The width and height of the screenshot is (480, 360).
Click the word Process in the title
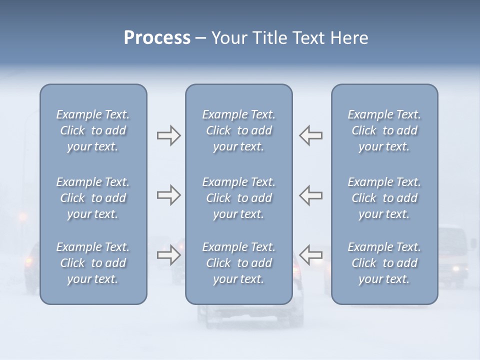[157, 38]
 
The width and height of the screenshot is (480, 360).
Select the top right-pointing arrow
[169, 135]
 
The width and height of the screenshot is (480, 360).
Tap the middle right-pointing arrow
[169, 195]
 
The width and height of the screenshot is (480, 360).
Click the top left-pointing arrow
[311, 135]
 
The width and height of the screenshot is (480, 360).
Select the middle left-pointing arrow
[311, 195]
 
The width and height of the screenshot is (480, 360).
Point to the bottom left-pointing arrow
[311, 254]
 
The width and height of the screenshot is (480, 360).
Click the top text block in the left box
[93, 130]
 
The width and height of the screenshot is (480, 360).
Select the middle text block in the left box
[93, 198]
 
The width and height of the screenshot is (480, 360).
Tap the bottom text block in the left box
[93, 263]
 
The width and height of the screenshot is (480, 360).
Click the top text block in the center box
[238, 130]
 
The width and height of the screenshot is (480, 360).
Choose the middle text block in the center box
[238, 198]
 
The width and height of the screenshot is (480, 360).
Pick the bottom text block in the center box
[238, 263]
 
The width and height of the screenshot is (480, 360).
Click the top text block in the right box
[384, 130]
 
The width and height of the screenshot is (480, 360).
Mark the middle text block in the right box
[384, 198]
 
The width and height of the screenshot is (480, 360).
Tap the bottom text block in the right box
[384, 263]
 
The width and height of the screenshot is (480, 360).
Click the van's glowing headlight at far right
[455, 269]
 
